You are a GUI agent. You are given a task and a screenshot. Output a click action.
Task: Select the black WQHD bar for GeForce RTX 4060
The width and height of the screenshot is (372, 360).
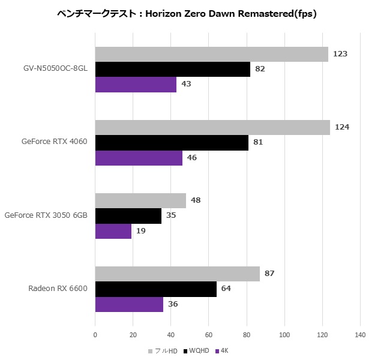pyautogui.click(x=172, y=142)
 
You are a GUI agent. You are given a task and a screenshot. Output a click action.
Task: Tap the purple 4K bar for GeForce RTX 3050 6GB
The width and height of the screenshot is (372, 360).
pyautogui.click(x=113, y=231)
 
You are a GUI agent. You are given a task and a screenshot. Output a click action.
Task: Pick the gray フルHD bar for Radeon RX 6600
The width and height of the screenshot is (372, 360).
pyautogui.click(x=178, y=274)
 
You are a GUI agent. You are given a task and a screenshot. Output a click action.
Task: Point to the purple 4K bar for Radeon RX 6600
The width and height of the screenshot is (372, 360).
pyautogui.click(x=129, y=304)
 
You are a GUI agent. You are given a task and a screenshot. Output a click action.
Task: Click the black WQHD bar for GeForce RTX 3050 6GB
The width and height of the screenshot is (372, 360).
pyautogui.click(x=128, y=215)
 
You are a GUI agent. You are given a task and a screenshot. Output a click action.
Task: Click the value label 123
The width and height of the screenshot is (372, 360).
pyautogui.click(x=340, y=54)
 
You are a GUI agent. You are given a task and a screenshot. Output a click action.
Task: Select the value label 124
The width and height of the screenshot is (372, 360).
pyautogui.click(x=342, y=127)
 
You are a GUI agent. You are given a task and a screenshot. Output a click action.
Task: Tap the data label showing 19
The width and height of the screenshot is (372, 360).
pyautogui.click(x=141, y=231)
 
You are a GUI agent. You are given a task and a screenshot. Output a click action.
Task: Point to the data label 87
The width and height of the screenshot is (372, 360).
pyautogui.click(x=269, y=274)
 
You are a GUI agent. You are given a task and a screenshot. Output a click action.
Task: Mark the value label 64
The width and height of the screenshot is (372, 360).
pyautogui.click(x=226, y=289)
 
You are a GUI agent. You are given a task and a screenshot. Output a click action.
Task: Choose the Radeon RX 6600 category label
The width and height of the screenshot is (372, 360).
pyautogui.click(x=58, y=289)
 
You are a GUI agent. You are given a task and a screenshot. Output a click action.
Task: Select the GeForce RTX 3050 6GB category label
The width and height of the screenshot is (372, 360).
pyautogui.click(x=46, y=215)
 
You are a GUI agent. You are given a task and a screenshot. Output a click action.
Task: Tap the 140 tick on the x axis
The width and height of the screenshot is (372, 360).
pyautogui.click(x=360, y=334)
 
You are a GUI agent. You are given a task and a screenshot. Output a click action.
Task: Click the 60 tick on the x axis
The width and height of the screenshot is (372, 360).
pyautogui.click(x=209, y=334)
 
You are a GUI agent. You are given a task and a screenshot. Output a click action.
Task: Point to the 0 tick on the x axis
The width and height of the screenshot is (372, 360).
pyautogui.click(x=95, y=334)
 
